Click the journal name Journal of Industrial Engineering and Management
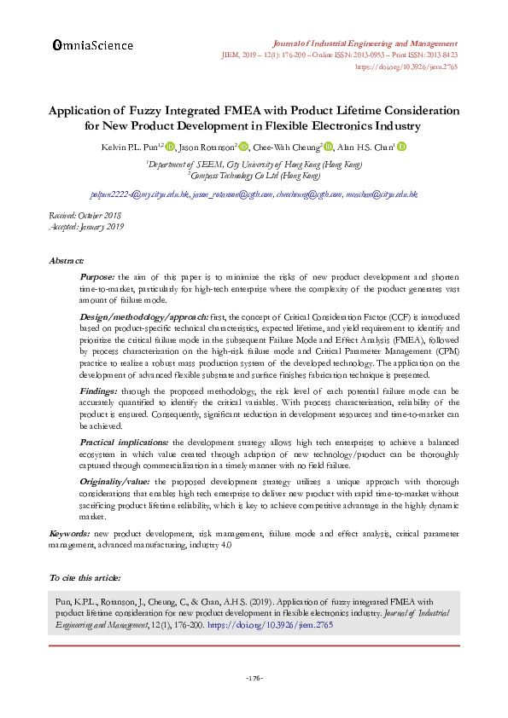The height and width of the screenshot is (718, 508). pos(363,42)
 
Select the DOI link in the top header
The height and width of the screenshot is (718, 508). pos(406,65)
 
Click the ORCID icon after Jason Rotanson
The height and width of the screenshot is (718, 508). pos(243,147)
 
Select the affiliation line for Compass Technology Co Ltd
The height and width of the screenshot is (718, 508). pos(254,175)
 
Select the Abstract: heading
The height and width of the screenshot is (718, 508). pos(67,260)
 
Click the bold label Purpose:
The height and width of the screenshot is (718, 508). pos(98,277)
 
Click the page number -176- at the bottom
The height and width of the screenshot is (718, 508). pos(254,678)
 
